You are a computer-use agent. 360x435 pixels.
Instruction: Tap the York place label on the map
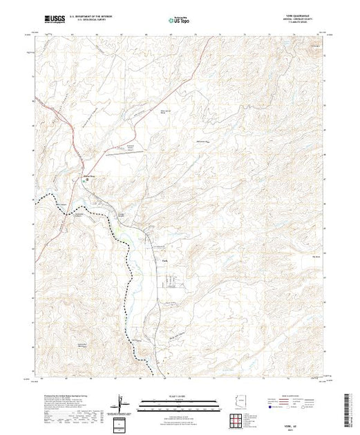pos(164,260)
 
